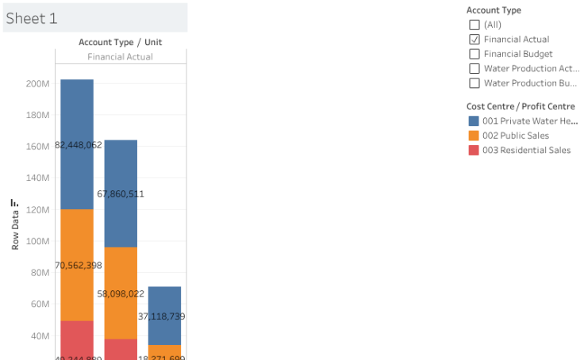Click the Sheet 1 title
click(x=32, y=18)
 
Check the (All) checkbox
click(x=474, y=25)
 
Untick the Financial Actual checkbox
click(x=474, y=39)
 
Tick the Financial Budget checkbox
click(x=474, y=54)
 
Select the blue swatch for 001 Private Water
click(x=474, y=121)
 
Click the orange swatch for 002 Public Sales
click(x=474, y=136)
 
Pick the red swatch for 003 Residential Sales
click(x=474, y=150)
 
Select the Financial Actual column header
click(x=120, y=57)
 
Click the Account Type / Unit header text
click(x=120, y=42)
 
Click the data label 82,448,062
click(x=79, y=145)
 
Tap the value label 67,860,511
click(x=121, y=193)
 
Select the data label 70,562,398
click(x=79, y=265)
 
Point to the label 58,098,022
click(x=121, y=293)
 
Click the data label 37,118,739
click(x=162, y=316)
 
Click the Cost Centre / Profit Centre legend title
click(x=521, y=106)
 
